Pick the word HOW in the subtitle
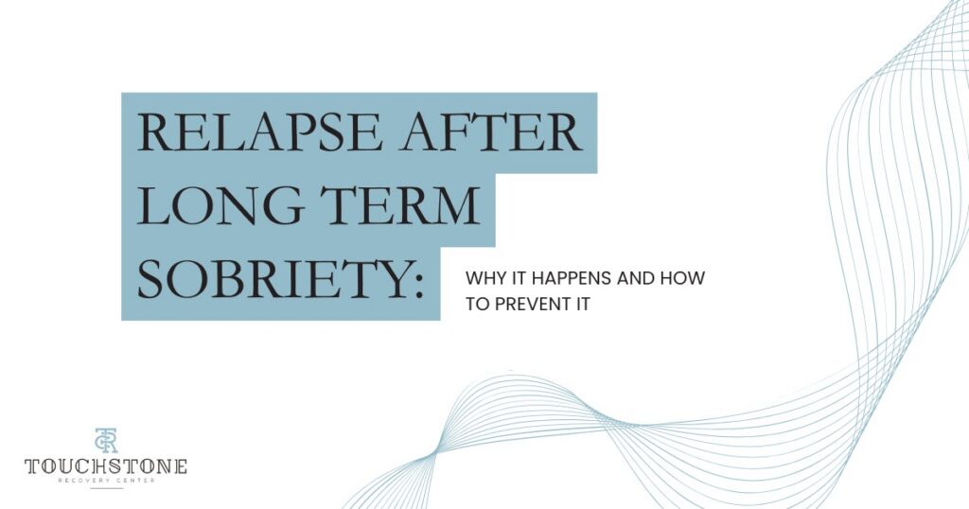click(687, 279)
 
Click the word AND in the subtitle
click(643, 279)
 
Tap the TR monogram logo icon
click(105, 441)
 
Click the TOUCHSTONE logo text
click(106, 466)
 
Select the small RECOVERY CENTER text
click(106, 481)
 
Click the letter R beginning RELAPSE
click(153, 134)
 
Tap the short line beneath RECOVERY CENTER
click(106, 489)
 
